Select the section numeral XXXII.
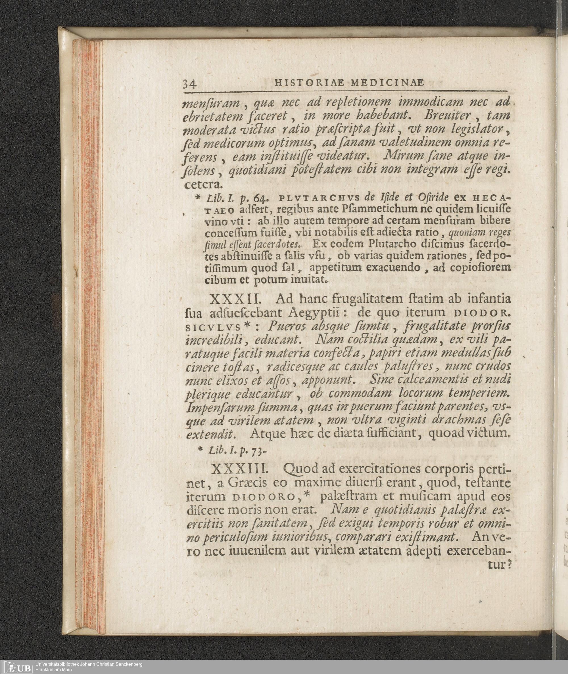(x=234, y=299)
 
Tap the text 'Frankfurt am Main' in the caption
(x=53, y=670)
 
